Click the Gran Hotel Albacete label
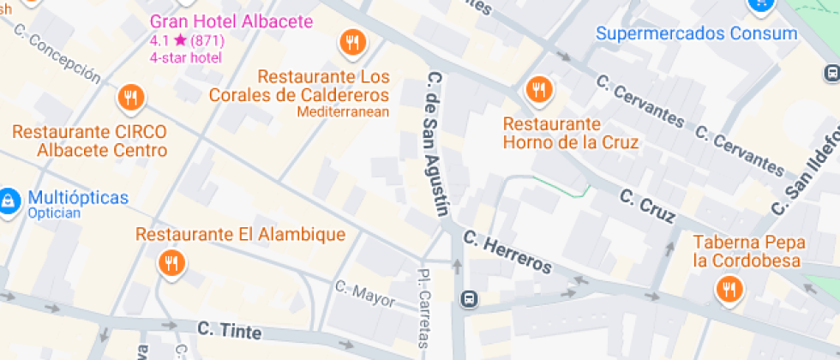(231, 21)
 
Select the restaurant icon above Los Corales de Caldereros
(352, 40)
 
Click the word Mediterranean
(343, 111)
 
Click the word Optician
(54, 213)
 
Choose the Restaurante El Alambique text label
(241, 235)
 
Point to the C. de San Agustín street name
(437, 145)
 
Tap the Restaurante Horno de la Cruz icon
(538, 88)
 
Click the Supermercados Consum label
(697, 34)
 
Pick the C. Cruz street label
(646, 207)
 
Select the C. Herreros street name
(507, 252)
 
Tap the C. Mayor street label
(365, 293)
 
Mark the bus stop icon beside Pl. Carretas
(469, 300)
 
